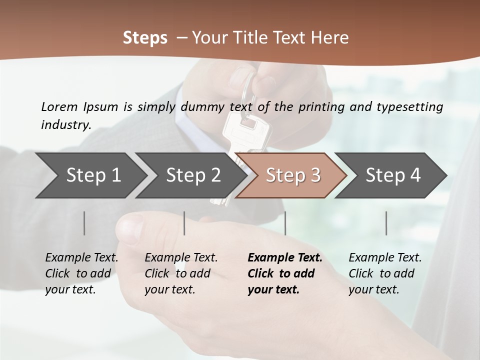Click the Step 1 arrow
click(93, 175)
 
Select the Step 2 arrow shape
click(193, 175)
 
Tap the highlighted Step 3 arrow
click(293, 175)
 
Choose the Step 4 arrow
click(393, 175)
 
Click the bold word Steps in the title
click(145, 38)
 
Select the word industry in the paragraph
click(66, 125)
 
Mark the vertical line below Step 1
click(84, 223)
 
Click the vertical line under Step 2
click(184, 223)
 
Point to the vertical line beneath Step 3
click(285, 223)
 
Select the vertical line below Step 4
click(386, 223)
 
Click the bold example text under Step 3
click(284, 273)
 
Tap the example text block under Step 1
click(81, 273)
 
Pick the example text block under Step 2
click(180, 273)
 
